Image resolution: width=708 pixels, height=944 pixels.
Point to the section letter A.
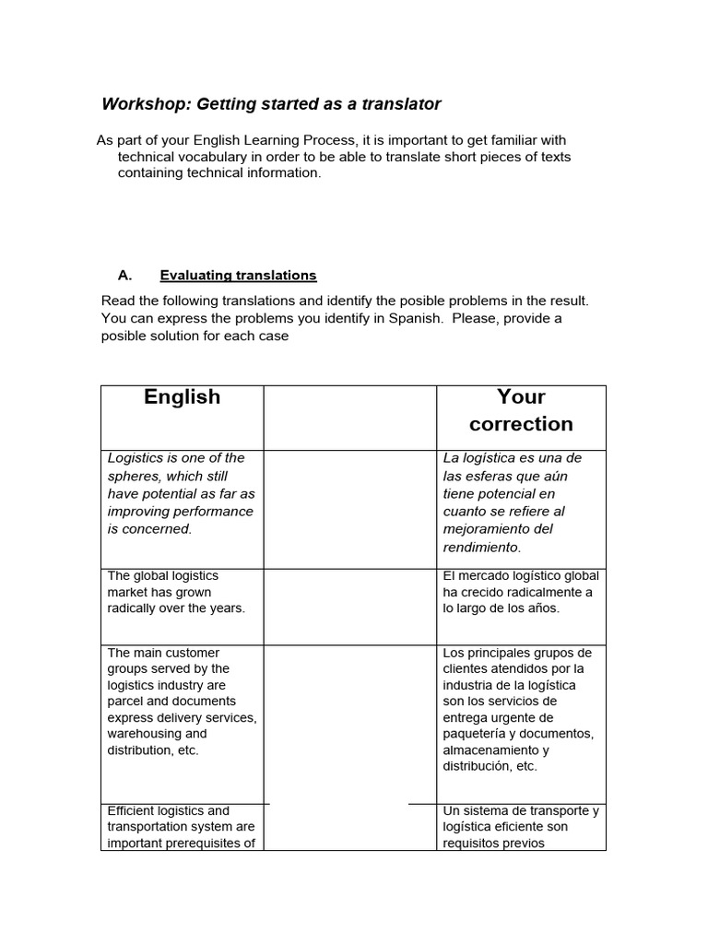125,275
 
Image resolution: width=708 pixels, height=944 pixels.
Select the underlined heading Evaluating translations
238,275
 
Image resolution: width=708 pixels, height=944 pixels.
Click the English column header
183,397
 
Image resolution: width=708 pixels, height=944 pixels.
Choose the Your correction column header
521,410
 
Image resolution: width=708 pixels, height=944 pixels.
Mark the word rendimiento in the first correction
481,547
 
